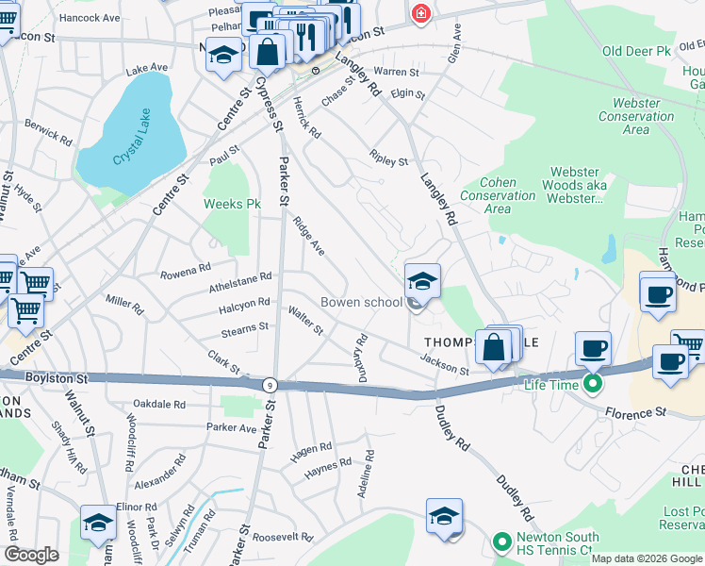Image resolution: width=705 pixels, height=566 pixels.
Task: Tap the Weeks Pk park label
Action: (232, 203)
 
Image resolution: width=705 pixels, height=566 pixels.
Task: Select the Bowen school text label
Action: (362, 303)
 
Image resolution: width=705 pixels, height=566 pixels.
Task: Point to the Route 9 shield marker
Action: (271, 384)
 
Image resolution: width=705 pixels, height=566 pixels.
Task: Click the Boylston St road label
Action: (57, 378)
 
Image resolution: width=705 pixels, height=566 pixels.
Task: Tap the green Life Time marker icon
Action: (593, 383)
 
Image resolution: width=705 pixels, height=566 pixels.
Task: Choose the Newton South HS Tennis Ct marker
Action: (502, 543)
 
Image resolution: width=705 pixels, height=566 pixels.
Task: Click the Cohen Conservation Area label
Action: (498, 196)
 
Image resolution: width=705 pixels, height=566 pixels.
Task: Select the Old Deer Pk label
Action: (636, 50)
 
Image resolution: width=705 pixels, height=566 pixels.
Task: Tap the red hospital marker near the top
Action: (419, 13)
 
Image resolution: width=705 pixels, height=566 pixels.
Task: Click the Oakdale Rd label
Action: (159, 404)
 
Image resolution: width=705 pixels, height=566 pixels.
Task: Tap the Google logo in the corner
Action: (31, 556)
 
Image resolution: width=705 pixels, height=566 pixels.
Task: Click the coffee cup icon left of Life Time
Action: (594, 349)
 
